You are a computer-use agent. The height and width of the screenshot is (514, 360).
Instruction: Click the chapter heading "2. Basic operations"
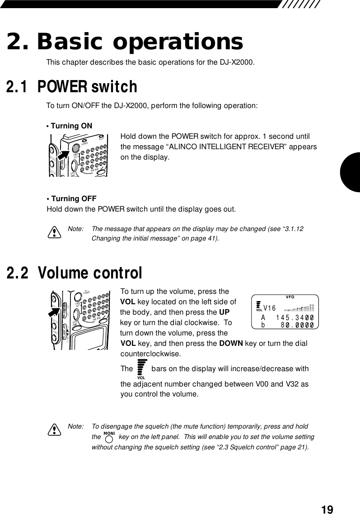(124, 42)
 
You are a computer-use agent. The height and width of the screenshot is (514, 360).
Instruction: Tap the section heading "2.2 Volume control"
(74, 273)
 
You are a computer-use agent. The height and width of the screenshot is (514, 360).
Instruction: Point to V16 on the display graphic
(269, 308)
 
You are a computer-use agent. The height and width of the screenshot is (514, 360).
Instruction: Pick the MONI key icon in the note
(108, 437)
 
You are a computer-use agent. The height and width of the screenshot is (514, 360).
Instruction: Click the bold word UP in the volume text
(224, 312)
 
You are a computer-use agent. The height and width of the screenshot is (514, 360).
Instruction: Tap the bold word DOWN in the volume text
(231, 344)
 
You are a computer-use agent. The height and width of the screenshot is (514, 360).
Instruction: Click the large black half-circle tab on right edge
(351, 172)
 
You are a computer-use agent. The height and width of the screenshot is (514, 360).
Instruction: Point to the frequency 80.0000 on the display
(297, 324)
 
